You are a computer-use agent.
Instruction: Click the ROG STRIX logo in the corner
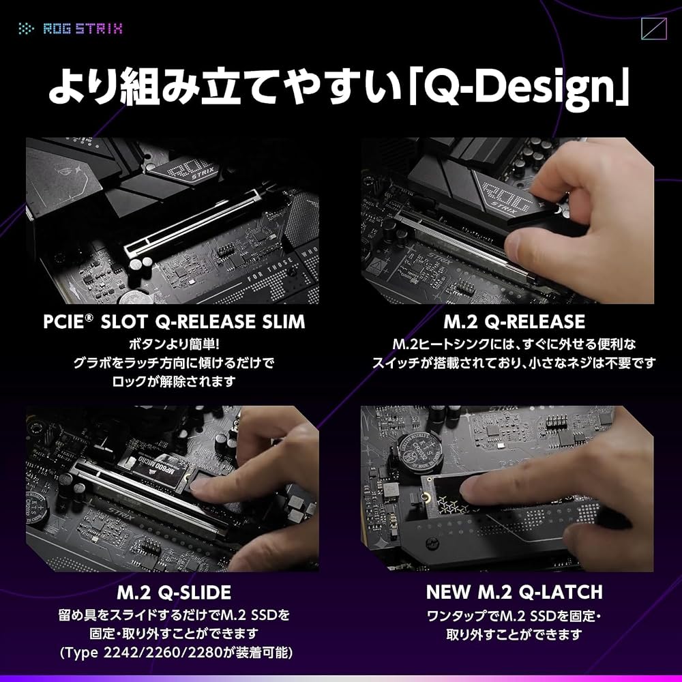tap(70, 29)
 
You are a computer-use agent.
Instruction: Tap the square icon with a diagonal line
tap(654, 29)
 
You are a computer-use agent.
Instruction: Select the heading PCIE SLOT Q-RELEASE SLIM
tap(174, 322)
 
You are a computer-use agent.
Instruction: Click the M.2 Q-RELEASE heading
tap(514, 322)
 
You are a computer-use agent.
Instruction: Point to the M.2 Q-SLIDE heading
tap(174, 593)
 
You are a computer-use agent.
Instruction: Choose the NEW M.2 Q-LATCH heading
tap(514, 592)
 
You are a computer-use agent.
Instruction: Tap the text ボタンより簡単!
tap(174, 344)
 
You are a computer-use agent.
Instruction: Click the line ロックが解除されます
tap(174, 381)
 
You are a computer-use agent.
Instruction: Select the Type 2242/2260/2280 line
tap(176, 653)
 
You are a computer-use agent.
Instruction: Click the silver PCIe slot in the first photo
tap(192, 224)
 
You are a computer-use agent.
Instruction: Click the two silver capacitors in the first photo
tap(141, 263)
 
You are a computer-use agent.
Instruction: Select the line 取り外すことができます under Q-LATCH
tap(514, 634)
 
